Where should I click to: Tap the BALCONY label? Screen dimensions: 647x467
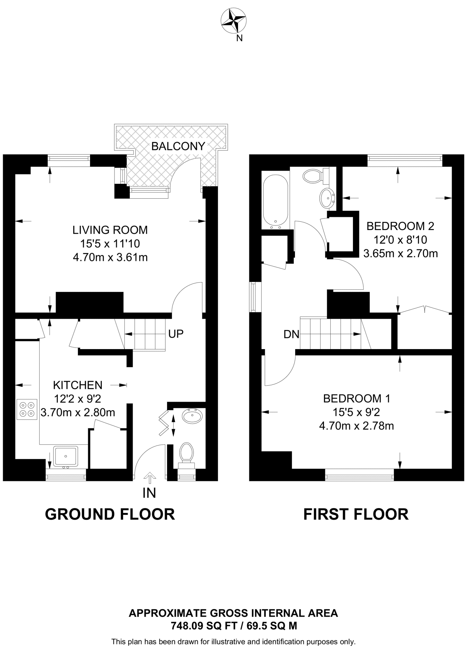point(178,146)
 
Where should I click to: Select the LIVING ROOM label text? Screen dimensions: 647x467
point(110,230)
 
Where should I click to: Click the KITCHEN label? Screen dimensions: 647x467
point(78,385)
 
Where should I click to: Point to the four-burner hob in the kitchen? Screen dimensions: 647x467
point(27,409)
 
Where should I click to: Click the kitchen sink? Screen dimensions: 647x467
point(66,456)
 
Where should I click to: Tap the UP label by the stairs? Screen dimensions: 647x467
point(176,334)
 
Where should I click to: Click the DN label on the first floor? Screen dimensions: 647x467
point(291,334)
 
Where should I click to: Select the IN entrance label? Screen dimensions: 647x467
point(149,493)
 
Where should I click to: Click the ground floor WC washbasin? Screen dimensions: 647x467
point(192,416)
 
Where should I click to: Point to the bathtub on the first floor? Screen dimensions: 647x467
point(276,201)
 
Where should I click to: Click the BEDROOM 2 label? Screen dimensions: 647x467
point(400,226)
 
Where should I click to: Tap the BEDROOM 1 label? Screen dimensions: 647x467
point(356,399)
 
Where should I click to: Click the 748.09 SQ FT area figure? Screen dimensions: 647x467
point(204,626)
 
